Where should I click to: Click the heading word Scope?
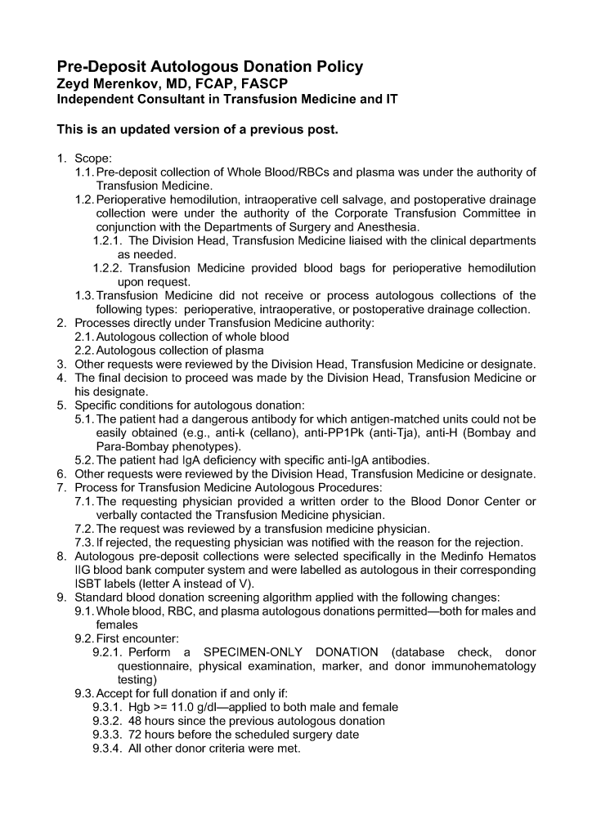pos(92,159)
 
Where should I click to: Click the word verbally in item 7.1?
pos(119,515)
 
